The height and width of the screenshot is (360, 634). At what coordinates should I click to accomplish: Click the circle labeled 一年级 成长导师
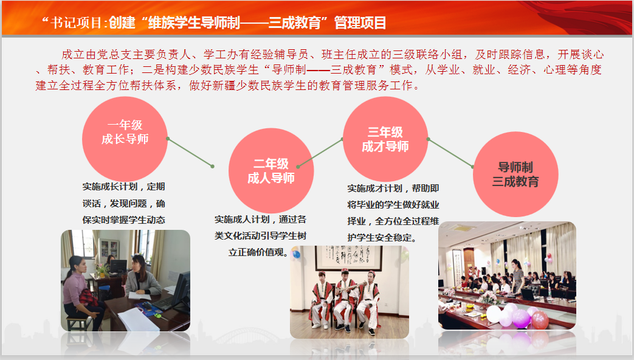tap(125, 139)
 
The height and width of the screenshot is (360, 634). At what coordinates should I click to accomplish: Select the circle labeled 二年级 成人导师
tap(271, 171)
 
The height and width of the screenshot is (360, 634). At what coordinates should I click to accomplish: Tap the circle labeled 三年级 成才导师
tap(385, 139)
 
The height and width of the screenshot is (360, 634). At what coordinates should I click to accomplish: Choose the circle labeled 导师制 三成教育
tap(515, 175)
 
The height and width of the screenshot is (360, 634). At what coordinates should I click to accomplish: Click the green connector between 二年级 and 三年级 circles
tap(320, 153)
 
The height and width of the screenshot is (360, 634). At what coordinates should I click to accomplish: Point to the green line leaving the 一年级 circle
tap(190, 153)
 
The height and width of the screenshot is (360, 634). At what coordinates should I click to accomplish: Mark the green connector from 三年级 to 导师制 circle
tap(450, 153)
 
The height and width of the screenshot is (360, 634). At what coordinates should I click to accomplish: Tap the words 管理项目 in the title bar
tap(360, 22)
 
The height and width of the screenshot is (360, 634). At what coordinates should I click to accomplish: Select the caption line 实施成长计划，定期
tap(124, 187)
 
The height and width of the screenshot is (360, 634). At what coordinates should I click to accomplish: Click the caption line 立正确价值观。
tap(258, 252)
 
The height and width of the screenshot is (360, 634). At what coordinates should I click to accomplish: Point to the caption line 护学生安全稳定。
tap(382, 238)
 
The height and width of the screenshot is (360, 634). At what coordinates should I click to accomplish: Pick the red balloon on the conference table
tap(540, 319)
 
